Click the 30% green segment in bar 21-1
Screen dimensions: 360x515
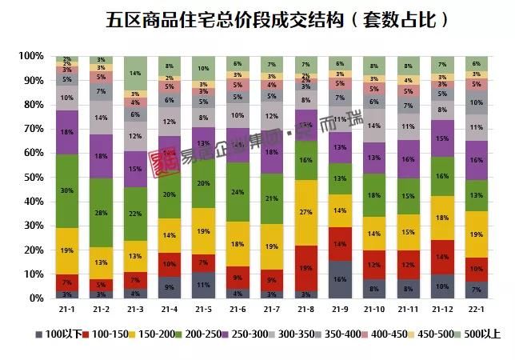[68, 190]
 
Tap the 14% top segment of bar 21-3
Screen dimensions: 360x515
[135, 73]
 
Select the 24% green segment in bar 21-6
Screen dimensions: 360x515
[237, 192]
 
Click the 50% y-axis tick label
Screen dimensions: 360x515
[33, 177]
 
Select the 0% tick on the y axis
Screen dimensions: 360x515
[35, 298]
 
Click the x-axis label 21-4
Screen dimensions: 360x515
[169, 307]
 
